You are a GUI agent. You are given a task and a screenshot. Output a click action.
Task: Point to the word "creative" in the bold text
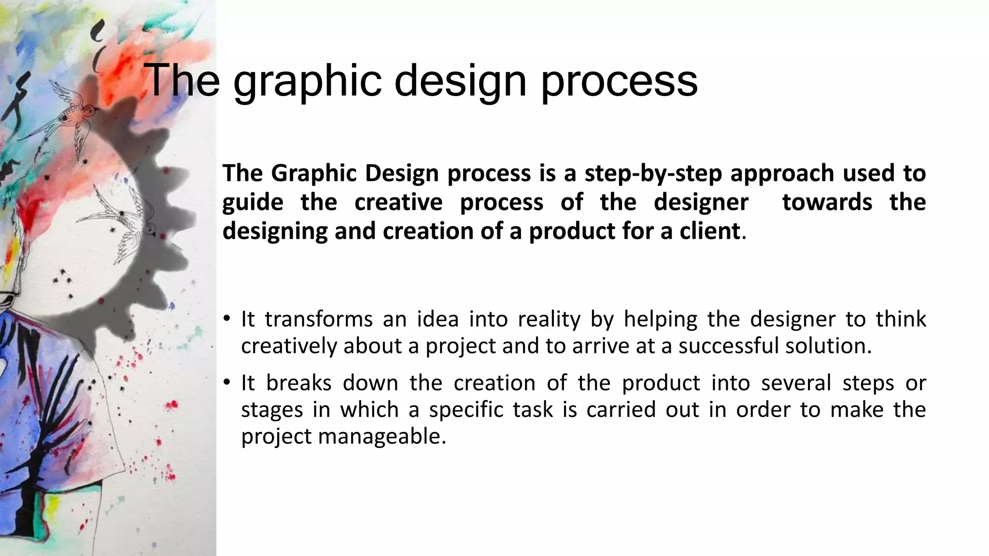point(398,202)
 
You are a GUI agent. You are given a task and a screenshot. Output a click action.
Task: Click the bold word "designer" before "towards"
point(701,202)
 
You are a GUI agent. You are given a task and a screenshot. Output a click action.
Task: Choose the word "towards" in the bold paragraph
point(827,202)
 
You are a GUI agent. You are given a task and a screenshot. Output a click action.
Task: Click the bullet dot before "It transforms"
point(226,320)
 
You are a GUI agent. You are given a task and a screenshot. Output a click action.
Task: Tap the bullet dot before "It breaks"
point(226,383)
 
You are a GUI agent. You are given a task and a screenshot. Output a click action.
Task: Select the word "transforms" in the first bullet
point(319,320)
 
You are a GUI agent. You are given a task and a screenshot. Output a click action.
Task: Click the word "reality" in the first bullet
point(549,320)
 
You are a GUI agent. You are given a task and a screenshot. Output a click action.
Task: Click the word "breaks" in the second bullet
point(298,383)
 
